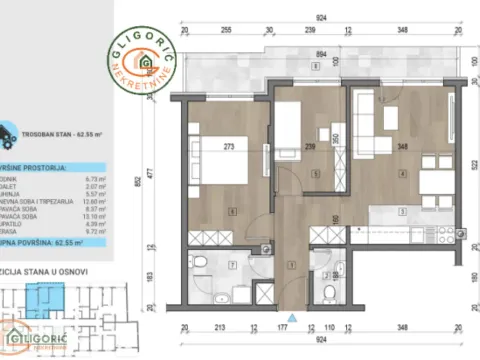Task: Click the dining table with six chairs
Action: pyautogui.click(x=433, y=178)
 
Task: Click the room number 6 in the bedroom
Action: pyautogui.click(x=233, y=210)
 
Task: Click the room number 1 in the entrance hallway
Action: pyautogui.click(x=290, y=264)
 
